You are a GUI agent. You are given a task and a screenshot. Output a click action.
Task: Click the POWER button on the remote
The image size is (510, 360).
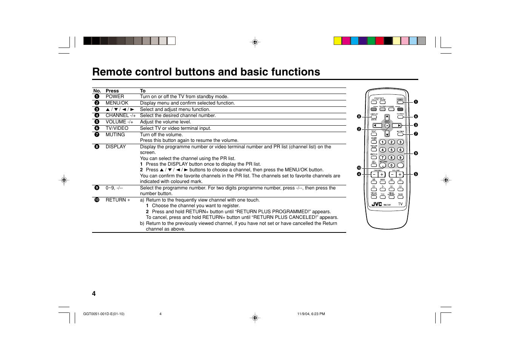(400, 102)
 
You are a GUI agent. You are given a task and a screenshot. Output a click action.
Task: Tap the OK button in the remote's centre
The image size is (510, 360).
(387, 126)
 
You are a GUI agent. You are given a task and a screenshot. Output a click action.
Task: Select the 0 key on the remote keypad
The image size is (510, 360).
(391, 165)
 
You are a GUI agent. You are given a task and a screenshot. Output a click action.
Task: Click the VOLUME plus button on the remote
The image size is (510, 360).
(400, 174)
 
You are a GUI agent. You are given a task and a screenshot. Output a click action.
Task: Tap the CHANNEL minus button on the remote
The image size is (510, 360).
(374, 174)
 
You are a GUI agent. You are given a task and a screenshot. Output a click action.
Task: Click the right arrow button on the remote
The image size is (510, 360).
(397, 126)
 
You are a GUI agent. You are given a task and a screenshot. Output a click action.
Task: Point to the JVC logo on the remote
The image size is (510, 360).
(377, 204)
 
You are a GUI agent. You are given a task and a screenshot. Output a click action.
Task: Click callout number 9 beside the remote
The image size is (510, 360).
(416, 153)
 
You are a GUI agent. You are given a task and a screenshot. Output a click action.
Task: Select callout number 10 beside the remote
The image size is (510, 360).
(359, 168)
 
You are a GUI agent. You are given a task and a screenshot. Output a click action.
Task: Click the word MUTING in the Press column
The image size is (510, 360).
(115, 135)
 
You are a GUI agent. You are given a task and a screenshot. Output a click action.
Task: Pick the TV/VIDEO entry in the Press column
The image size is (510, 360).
(117, 128)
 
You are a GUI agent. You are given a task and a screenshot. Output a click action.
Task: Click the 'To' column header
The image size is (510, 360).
(143, 91)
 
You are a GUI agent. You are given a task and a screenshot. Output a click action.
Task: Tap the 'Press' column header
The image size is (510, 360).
(112, 91)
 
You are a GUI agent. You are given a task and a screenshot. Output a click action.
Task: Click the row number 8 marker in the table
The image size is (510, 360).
(97, 147)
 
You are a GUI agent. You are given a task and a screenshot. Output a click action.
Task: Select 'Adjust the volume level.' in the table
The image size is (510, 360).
(165, 122)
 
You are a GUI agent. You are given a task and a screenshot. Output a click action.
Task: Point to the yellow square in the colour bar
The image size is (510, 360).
(338, 41)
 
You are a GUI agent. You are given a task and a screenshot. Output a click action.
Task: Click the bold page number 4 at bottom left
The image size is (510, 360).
(94, 294)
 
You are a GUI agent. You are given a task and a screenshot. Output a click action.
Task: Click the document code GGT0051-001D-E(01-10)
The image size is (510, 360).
(104, 314)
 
